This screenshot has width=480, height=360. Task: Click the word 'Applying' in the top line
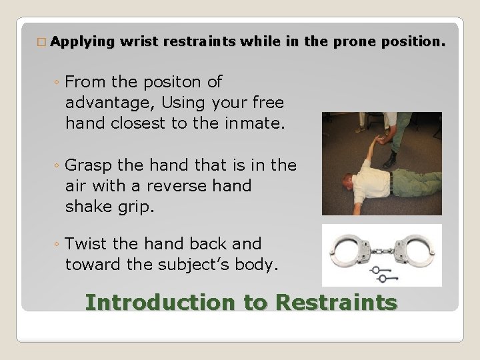coord(83,42)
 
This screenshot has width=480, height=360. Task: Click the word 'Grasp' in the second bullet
coord(91,165)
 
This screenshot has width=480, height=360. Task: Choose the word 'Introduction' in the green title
coord(159,303)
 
